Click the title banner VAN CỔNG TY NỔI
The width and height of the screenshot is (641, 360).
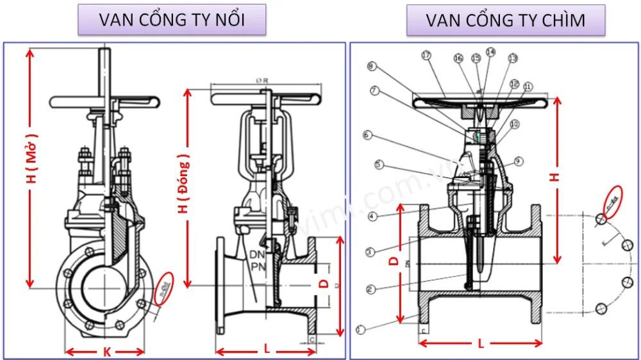[x=172, y=20]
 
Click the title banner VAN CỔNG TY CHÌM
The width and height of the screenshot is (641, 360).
[x=506, y=20]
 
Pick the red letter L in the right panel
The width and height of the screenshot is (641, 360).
[x=481, y=344]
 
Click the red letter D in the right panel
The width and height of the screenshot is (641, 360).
[x=395, y=261]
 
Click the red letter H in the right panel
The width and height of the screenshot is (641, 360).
[x=556, y=177]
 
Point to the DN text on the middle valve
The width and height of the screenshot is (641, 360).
[x=258, y=254]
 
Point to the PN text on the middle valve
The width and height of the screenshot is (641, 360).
[x=258, y=266]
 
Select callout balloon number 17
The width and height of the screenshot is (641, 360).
[x=426, y=55]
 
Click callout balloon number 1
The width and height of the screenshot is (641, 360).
[x=360, y=330]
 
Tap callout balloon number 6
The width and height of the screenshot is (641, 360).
[x=367, y=135]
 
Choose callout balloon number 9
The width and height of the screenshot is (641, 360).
[x=519, y=161]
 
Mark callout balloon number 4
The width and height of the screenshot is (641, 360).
[x=372, y=217]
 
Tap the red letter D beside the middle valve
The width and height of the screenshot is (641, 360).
[x=324, y=283]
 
